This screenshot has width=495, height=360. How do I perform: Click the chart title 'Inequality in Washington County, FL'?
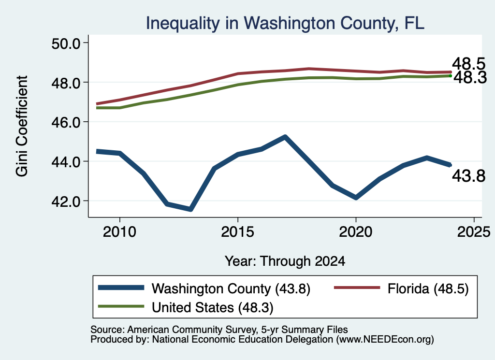[285, 23]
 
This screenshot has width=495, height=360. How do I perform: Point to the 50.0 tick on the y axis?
[66, 43]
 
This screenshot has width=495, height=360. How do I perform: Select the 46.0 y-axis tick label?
[66, 122]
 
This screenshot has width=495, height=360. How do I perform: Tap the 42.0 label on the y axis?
[66, 202]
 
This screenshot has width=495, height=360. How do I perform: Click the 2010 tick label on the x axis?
[119, 232]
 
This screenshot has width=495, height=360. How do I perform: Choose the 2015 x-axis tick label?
[237, 232]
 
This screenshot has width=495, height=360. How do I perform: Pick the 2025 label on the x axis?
[474, 232]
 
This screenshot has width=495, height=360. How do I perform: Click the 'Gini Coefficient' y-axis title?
[22, 126]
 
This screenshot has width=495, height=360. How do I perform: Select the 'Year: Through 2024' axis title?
[285, 261]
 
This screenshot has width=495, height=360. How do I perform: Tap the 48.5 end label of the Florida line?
[468, 64]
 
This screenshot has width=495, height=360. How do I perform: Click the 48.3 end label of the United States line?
[470, 78]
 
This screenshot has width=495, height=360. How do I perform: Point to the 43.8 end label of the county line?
[468, 176]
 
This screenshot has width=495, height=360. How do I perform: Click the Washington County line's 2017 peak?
[285, 137]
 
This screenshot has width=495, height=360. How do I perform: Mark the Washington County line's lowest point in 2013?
[190, 209]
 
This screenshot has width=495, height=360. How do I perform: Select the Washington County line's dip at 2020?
[356, 198]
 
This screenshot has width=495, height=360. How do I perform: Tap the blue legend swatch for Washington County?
[121, 288]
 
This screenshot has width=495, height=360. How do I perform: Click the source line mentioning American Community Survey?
[219, 330]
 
